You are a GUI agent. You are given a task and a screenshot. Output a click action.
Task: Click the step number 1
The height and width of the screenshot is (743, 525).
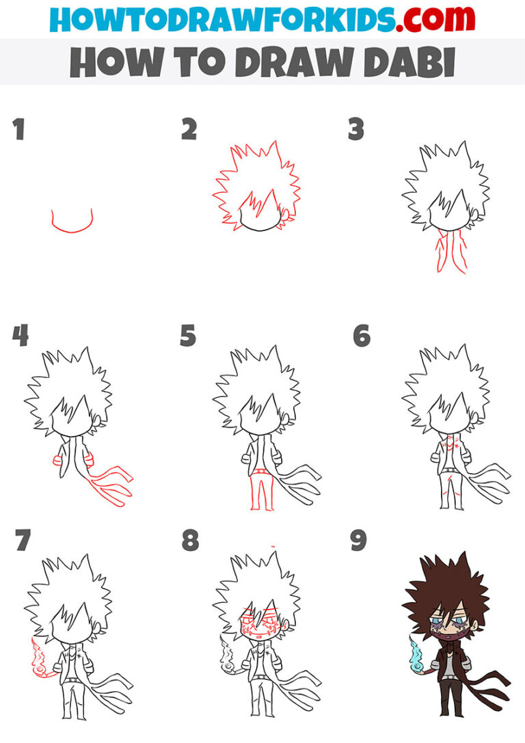tap(19, 129)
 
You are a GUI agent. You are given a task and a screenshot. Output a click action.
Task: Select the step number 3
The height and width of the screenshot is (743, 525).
tap(356, 129)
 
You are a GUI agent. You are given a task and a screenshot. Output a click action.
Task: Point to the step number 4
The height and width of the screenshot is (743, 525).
tap(20, 336)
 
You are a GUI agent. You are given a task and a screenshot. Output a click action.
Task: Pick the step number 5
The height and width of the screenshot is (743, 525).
tap(188, 336)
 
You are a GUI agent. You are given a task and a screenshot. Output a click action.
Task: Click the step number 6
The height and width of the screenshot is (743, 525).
tap(362, 336)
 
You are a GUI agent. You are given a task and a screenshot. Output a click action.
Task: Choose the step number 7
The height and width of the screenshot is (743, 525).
tap(23, 540)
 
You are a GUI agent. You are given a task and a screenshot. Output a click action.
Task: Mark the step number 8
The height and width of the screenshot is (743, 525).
tap(189, 540)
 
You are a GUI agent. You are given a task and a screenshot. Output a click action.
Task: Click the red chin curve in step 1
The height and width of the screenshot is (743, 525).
tap(71, 224)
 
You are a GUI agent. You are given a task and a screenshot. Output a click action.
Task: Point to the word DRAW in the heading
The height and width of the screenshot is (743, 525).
tap(280, 62)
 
